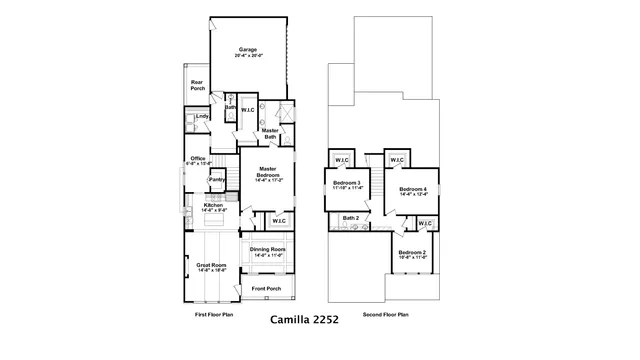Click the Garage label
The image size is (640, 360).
coord(247,50)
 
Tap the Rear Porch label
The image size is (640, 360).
coord(197,86)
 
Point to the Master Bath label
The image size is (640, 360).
coord(270,133)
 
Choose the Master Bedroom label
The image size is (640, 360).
coord(268,172)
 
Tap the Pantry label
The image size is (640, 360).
coord(215,180)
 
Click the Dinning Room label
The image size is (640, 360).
coord(267,251)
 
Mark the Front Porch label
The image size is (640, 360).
coord(266,289)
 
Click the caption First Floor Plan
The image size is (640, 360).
coord(214,314)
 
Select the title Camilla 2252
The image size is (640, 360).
coord(305,322)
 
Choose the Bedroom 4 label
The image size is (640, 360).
coord(412,190)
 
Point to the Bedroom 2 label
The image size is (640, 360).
coord(412,254)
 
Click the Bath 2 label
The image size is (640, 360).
coord(350,218)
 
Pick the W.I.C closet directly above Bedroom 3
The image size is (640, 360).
coord(341,160)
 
